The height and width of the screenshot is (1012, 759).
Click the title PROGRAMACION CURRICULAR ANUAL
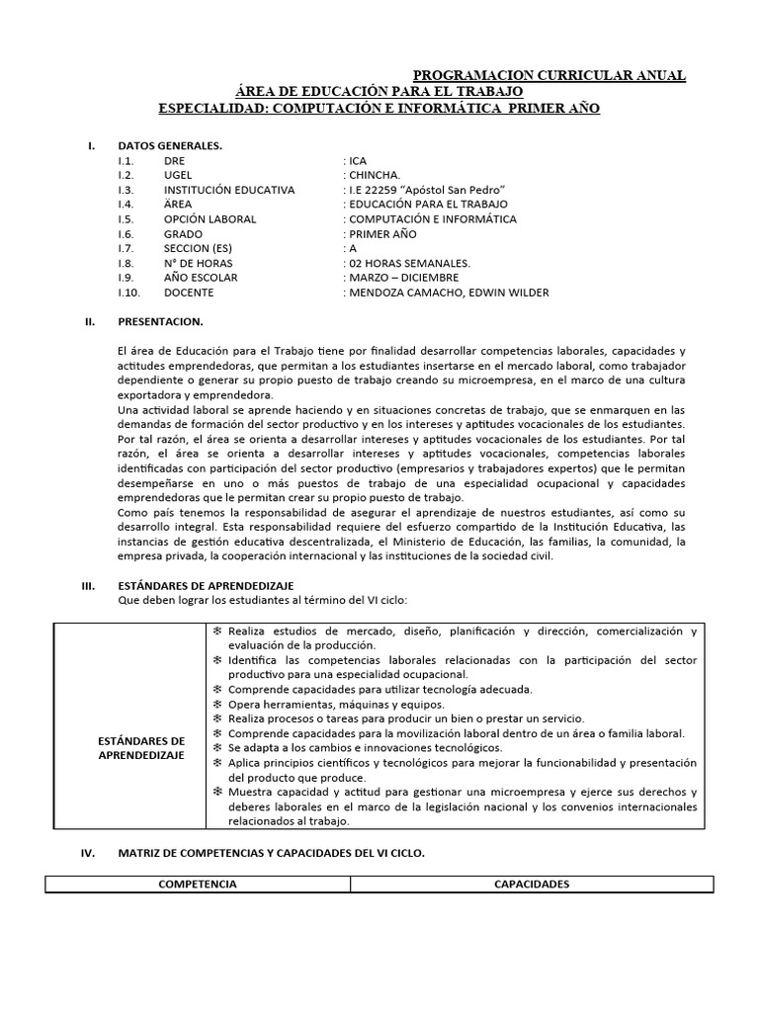pos(548,76)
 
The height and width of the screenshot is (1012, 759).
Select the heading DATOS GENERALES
pos(170,146)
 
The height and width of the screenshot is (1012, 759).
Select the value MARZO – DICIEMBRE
pos(402,278)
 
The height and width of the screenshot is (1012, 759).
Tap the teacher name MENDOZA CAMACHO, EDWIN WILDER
pos(448,293)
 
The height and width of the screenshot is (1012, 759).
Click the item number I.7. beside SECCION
pos(125,249)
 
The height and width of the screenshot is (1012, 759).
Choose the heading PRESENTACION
pos(160,321)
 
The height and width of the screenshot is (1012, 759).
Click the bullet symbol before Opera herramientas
pos(217,704)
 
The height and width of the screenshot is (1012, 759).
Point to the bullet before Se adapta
pos(217,748)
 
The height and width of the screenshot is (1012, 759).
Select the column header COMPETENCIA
pos(198,885)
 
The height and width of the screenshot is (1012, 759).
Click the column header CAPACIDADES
pos(532,885)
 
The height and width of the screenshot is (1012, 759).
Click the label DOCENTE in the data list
pos(189,293)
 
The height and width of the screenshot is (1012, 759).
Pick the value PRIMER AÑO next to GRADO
pos(381,234)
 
